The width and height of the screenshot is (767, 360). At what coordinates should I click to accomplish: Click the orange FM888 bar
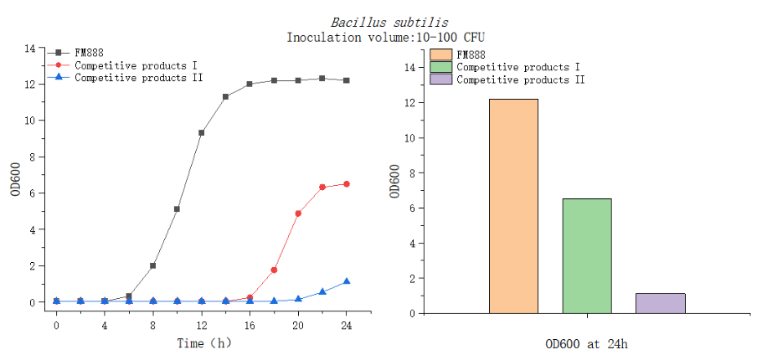513,206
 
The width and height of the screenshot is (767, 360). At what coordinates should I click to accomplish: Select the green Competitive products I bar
586,255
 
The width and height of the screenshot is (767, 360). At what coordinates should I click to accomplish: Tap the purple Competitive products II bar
660,303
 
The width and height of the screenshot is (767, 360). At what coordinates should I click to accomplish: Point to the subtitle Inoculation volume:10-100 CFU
386,38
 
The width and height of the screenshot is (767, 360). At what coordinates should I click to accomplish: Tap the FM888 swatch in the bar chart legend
441,54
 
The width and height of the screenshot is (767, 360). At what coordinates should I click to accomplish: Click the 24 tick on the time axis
347,325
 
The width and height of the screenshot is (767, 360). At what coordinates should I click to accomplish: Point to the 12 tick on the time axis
201,325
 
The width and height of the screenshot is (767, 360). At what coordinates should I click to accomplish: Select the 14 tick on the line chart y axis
30,49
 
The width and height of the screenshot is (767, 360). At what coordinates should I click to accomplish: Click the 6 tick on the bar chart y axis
413,208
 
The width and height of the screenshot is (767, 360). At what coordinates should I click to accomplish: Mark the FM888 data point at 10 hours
177,209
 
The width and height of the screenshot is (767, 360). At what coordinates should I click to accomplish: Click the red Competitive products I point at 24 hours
347,184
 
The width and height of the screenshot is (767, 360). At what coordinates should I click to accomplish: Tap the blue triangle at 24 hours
347,281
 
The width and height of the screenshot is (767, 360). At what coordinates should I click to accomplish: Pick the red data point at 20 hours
298,213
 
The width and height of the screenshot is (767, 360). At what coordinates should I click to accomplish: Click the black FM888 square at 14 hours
225,97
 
